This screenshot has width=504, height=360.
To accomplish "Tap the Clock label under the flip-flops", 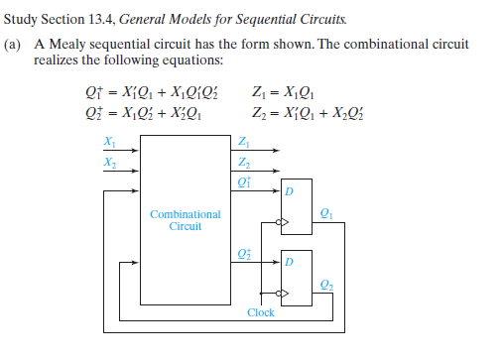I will click(261, 312).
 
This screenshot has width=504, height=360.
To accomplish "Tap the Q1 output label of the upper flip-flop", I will click(328, 214).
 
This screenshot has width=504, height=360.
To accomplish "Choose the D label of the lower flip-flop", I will click(290, 261).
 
